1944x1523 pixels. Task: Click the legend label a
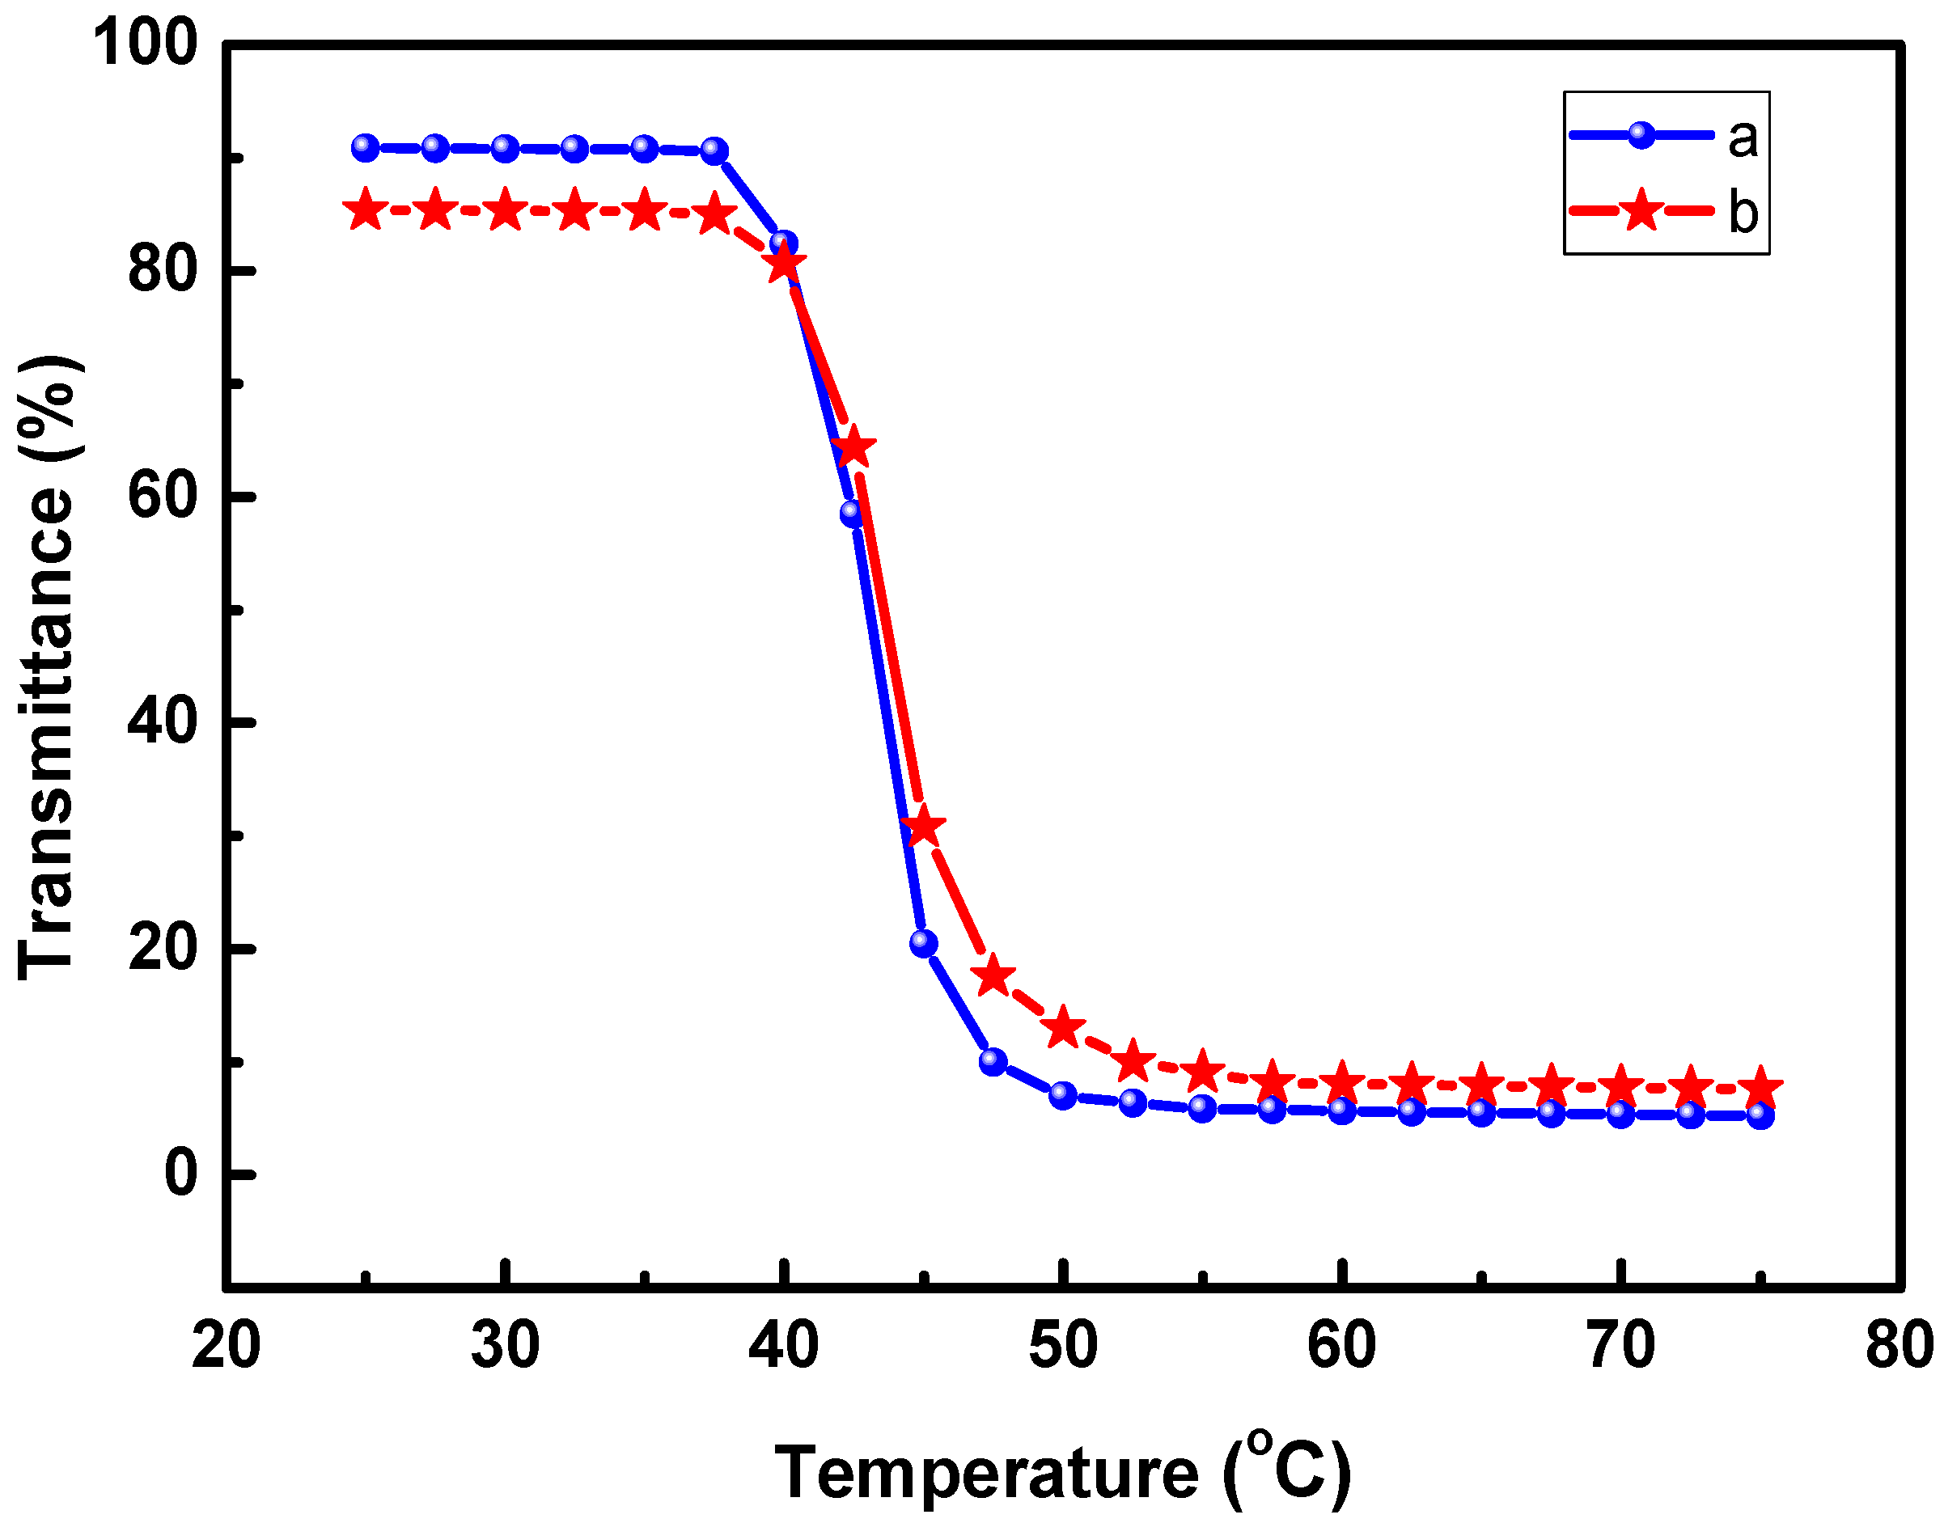(1742, 139)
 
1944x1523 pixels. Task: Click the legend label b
(1743, 212)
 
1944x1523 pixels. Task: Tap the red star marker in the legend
(1641, 211)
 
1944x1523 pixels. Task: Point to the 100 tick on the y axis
(146, 42)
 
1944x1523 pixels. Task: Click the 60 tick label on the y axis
(162, 496)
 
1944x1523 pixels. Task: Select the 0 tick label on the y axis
(180, 1174)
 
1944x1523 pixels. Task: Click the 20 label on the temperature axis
(226, 1346)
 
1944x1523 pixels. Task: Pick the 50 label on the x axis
(1062, 1346)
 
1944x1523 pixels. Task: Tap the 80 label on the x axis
(1899, 1346)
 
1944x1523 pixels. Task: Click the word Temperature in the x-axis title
(986, 1473)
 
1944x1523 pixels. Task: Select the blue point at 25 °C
(365, 148)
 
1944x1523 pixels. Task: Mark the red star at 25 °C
(365, 210)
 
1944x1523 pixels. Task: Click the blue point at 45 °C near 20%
(923, 943)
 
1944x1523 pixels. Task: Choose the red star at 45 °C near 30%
(923, 828)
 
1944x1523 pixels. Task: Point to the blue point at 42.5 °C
(853, 513)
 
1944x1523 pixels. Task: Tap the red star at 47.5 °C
(993, 977)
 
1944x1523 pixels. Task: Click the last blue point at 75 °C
(1760, 1115)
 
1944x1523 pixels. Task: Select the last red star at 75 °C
(1760, 1087)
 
